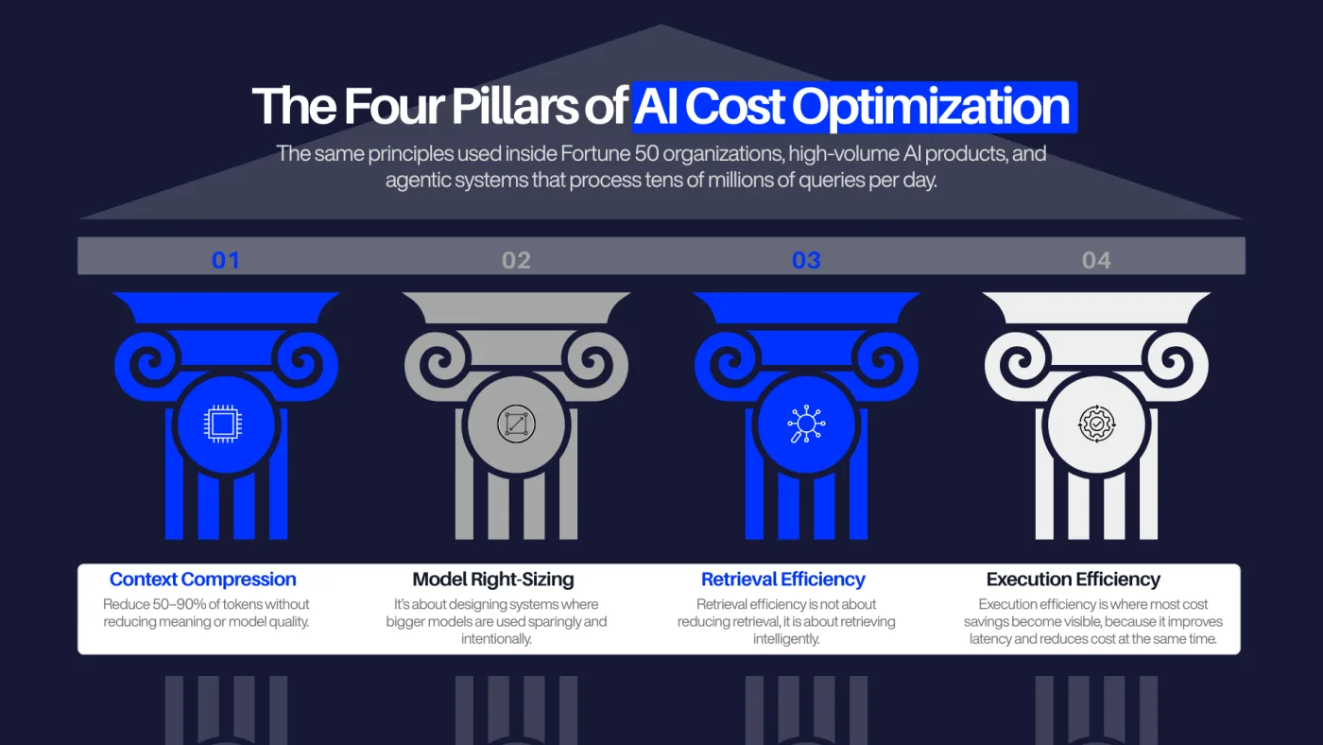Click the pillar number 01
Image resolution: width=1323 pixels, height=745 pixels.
click(x=226, y=261)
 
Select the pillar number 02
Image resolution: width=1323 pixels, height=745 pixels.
click(x=516, y=261)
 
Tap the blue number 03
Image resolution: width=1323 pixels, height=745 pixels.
click(x=806, y=261)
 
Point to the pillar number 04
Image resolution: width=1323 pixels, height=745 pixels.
click(x=1096, y=261)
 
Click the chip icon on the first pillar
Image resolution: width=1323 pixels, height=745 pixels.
click(x=223, y=424)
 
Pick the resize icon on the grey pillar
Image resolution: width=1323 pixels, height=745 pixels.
click(x=516, y=424)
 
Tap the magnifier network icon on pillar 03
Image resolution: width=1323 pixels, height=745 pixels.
click(x=806, y=424)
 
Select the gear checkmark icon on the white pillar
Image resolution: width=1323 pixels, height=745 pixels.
click(x=1096, y=424)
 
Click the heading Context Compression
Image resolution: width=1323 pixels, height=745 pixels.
click(x=202, y=580)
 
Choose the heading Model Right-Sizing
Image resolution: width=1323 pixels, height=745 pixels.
click(x=493, y=580)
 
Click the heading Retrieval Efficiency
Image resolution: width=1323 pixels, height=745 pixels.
click(x=783, y=580)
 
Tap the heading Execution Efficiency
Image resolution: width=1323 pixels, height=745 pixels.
click(x=1074, y=580)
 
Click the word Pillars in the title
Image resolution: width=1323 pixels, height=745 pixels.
click(x=514, y=106)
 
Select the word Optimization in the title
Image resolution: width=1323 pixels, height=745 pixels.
click(x=931, y=108)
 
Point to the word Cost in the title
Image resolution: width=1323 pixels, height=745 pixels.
click(x=735, y=107)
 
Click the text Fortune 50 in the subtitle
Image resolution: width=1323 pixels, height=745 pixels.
click(x=609, y=153)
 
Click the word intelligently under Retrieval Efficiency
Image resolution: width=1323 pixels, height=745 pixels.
click(x=786, y=639)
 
